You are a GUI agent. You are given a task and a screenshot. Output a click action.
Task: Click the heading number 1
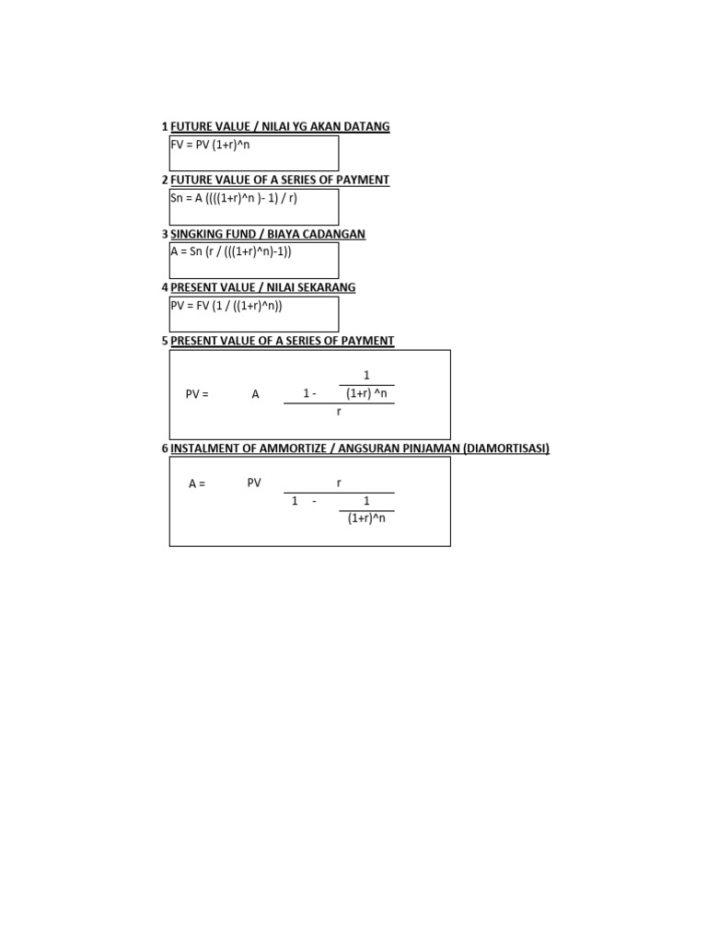click(x=165, y=126)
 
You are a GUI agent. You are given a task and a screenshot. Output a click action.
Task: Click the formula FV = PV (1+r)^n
click(x=210, y=145)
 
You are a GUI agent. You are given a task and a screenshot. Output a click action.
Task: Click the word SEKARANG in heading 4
click(x=327, y=287)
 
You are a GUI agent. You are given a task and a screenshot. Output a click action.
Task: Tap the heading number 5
click(x=165, y=341)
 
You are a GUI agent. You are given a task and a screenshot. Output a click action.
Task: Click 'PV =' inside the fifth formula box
click(x=197, y=394)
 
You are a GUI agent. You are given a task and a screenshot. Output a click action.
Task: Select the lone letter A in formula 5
click(x=256, y=394)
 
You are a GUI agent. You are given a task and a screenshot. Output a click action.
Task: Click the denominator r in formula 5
click(x=339, y=412)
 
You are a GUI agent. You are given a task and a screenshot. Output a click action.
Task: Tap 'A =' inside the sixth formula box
click(x=197, y=483)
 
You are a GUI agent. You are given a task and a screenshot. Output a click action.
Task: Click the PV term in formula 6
click(x=255, y=483)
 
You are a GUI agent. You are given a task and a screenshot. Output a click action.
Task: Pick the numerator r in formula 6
click(x=339, y=483)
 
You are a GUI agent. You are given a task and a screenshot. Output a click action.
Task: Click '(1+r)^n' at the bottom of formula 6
click(x=366, y=518)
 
